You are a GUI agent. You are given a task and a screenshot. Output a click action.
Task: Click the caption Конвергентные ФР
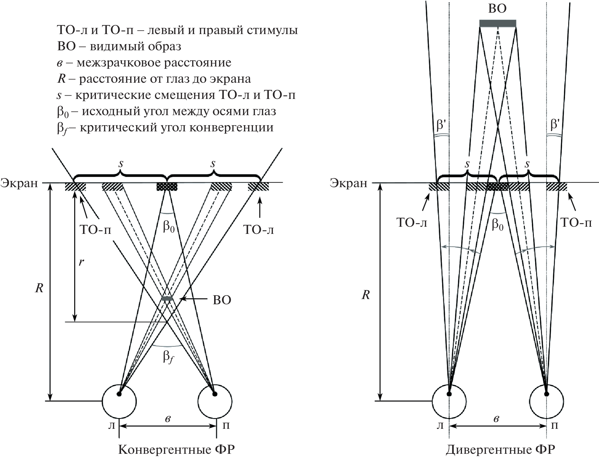coord(176,450)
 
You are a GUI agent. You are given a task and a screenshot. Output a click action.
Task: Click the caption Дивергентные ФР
coord(500,450)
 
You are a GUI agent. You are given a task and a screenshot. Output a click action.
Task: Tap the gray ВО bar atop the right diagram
coord(498,23)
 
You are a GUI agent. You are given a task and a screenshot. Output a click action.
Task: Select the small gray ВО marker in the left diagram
coord(167,298)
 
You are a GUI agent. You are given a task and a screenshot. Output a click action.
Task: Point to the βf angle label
coord(168,358)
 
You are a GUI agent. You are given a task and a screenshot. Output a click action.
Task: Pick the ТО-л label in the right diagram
coord(412,223)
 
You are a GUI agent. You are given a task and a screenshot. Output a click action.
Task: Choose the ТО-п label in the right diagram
coord(576,223)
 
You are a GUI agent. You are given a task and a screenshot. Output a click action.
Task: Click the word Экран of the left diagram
coord(19,183)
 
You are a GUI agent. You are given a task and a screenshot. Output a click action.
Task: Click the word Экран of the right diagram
coord(349,183)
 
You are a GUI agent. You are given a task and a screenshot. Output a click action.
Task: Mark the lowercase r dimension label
coord(81,262)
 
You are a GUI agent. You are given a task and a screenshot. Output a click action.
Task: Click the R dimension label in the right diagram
coord(365,295)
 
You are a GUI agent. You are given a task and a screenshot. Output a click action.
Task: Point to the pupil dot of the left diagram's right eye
coord(214,394)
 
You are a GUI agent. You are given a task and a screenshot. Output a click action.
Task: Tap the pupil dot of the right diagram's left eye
coord(449,394)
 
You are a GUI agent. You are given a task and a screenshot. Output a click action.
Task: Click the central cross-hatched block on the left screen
coord(167,187)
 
